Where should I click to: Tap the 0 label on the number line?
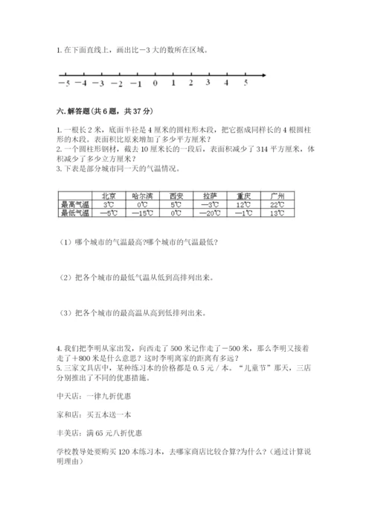tap(155, 83)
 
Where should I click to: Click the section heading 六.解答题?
tap(71, 110)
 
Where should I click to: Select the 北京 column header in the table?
tap(109, 196)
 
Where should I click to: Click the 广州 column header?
tap(278, 196)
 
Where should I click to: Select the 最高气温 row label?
tap(75, 204)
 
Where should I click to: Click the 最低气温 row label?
tap(75, 213)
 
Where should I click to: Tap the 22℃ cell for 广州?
tap(278, 204)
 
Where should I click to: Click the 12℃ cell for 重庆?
tap(243, 204)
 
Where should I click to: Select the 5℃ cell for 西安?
tap(176, 204)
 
